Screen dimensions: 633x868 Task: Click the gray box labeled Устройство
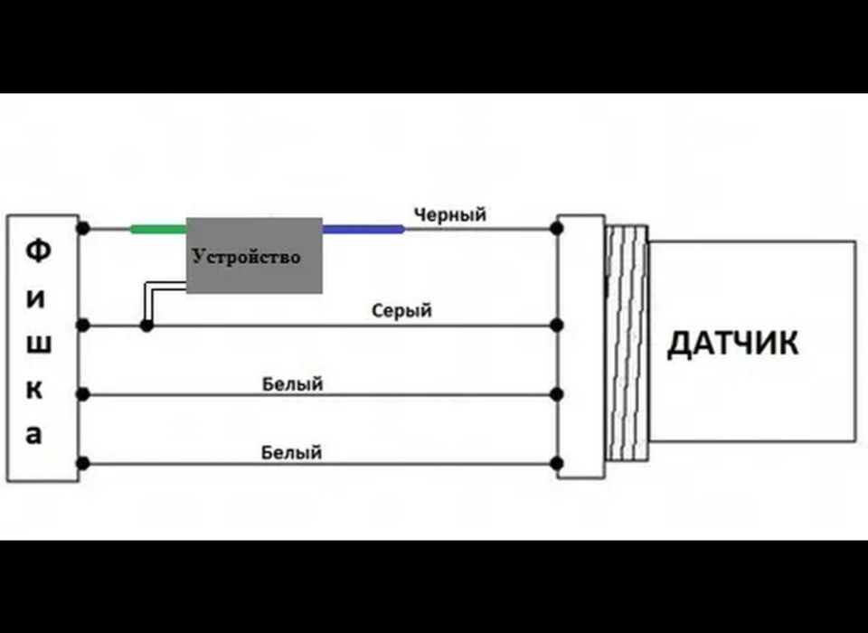coord(254,256)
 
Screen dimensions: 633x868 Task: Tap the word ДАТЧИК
coord(732,344)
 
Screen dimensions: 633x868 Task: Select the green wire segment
coord(158,229)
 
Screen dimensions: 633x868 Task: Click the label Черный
coord(449,214)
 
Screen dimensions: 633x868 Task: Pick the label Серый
coord(401,310)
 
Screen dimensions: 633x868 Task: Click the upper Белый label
coord(292,384)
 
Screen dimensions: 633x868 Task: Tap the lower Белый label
coord(291,451)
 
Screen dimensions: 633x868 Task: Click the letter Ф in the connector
coord(36,250)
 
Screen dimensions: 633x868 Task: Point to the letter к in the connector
coord(34,390)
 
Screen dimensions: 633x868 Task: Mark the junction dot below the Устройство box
coord(145,325)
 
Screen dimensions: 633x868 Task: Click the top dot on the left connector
coord(83,228)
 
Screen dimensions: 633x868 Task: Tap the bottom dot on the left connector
coord(83,464)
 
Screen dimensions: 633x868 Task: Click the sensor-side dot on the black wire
coord(557,228)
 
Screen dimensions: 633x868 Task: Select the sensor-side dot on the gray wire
coord(557,325)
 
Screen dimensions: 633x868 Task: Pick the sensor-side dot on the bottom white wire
coord(557,464)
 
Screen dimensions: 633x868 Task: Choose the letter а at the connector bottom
coord(34,435)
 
